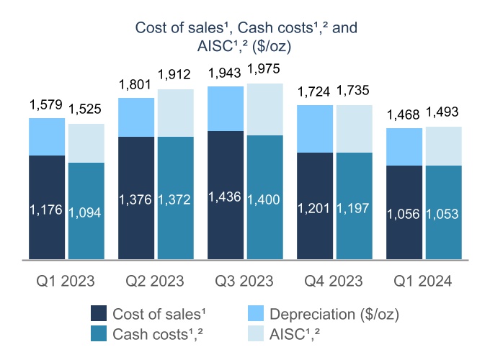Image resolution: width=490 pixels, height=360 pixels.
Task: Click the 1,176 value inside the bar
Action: tap(47, 210)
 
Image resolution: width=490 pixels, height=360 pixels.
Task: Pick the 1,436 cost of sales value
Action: tap(226, 197)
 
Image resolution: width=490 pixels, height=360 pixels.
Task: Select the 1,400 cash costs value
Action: tap(264, 198)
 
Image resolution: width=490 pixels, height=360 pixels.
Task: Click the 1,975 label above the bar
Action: tap(265, 69)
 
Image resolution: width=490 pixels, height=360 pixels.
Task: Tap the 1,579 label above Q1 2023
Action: tap(47, 105)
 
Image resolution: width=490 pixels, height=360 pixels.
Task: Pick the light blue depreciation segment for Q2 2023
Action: tap(136, 117)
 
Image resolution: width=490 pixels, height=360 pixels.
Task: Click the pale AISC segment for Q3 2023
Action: tap(264, 109)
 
